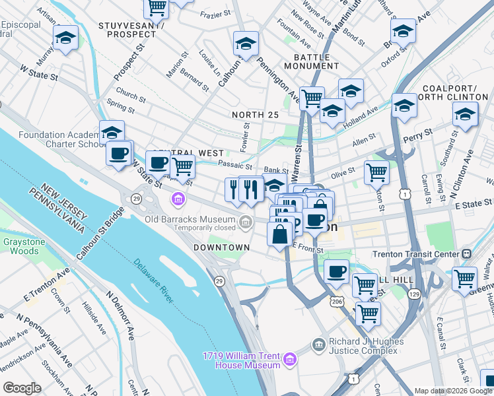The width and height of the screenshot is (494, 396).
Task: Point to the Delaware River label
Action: (154, 280)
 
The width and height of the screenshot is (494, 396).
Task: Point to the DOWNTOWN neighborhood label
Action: (221, 247)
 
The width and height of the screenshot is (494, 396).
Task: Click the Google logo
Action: (22, 388)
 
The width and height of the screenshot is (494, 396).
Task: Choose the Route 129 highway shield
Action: (414, 292)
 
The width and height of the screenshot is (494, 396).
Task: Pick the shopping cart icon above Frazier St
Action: (157, 7)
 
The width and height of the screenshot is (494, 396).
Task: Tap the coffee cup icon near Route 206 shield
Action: (336, 271)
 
